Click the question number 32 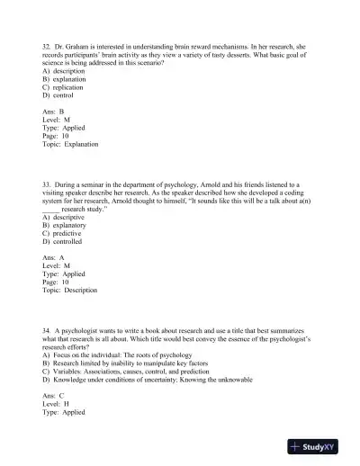[x=47, y=42]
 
